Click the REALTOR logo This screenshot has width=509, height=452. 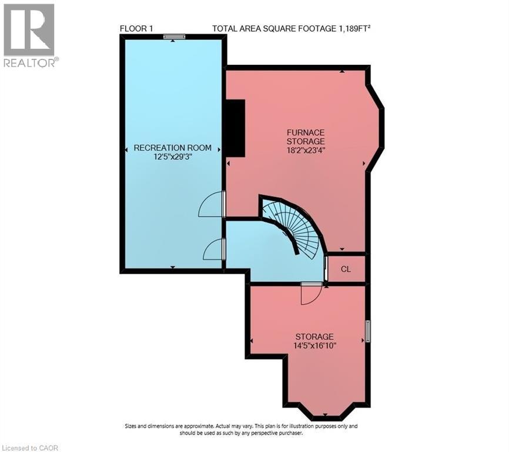pos(29,35)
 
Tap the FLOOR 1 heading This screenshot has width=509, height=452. pos(136,29)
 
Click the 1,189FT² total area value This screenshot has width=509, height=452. pos(354,29)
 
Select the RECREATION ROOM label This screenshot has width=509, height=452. pos(173,148)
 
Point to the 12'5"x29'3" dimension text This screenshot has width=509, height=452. pos(173,157)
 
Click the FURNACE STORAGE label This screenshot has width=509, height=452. pos(306,137)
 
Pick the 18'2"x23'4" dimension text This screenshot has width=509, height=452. pos(306,151)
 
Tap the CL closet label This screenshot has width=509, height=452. pos(346,269)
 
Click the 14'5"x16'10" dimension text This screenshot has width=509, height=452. pos(314,345)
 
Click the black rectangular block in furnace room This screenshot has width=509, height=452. pos(235,129)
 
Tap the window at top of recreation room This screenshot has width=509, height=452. pos(175,36)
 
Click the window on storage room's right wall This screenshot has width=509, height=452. pos(368,331)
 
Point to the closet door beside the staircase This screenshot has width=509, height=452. pos(326,269)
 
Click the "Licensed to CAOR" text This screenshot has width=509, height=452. pos(29,448)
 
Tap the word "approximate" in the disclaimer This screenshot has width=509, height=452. pos(199,426)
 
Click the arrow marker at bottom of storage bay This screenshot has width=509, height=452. pos(325,415)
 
